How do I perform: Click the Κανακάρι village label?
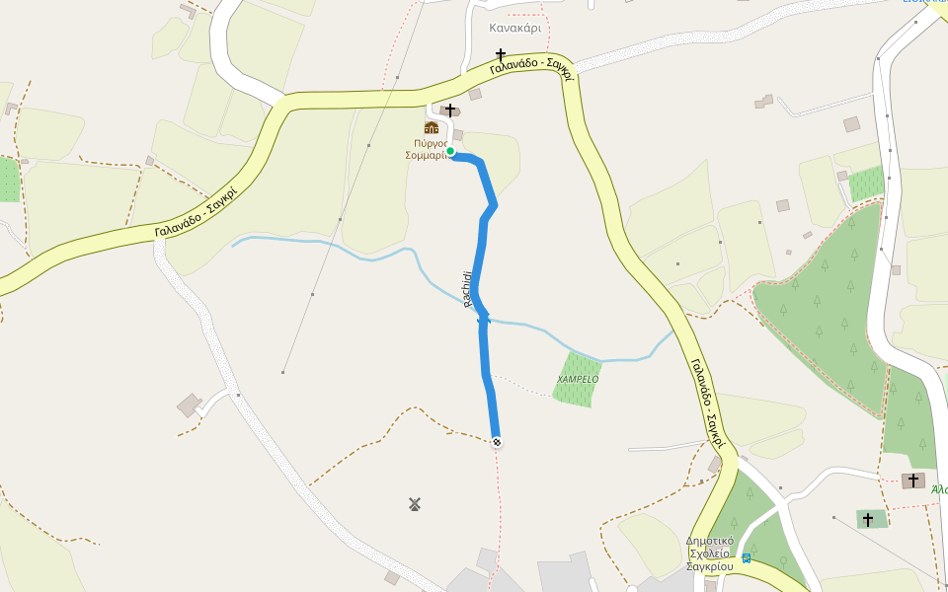tap(514, 28)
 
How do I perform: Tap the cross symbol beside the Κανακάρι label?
tap(501, 54)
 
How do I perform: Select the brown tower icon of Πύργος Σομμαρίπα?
tap(431, 127)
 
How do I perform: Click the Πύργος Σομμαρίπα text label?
tap(427, 149)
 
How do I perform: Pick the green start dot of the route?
tap(450, 151)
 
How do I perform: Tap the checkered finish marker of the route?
tap(497, 442)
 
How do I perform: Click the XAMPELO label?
tap(578, 379)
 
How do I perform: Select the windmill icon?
tap(415, 504)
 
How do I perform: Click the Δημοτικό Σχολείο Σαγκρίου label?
tap(710, 554)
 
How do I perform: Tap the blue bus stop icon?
tap(747, 558)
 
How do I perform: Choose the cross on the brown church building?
tap(913, 481)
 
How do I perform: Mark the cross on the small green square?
tap(868, 519)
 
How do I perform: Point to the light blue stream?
tap(326, 243)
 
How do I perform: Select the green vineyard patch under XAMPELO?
tap(577, 392)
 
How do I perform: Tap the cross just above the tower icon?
tap(450, 111)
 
